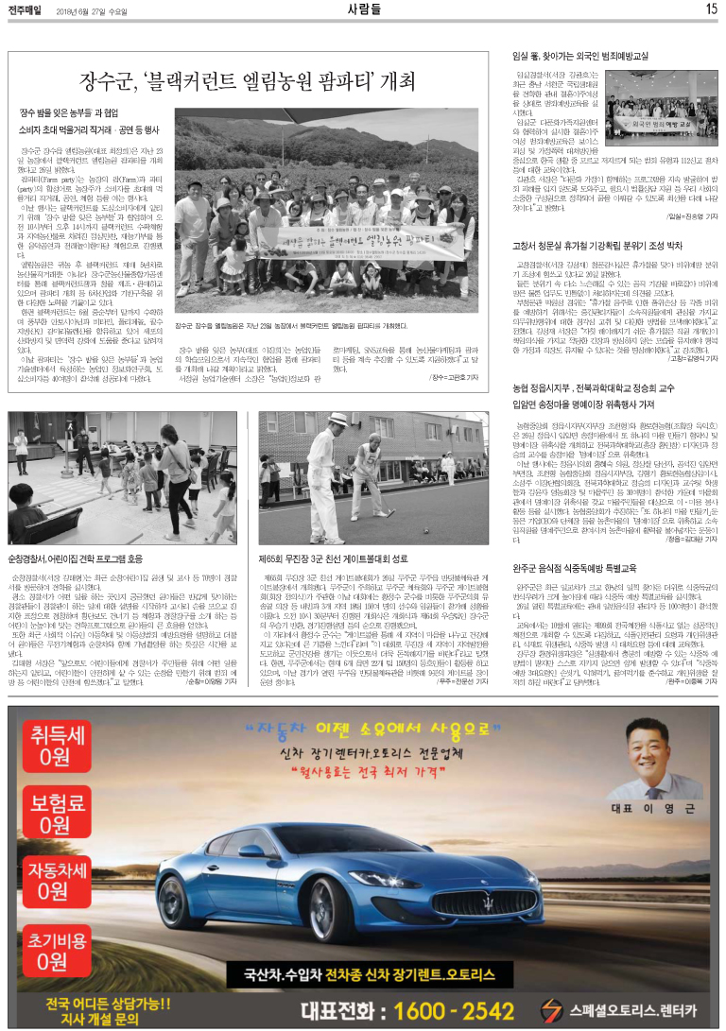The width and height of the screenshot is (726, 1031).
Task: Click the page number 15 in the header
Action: pos(711,9)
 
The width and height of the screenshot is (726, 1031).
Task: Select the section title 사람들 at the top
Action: pos(362,9)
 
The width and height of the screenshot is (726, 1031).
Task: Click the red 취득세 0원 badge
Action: pos(54,747)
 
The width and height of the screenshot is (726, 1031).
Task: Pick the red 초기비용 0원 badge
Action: pos(54,945)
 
